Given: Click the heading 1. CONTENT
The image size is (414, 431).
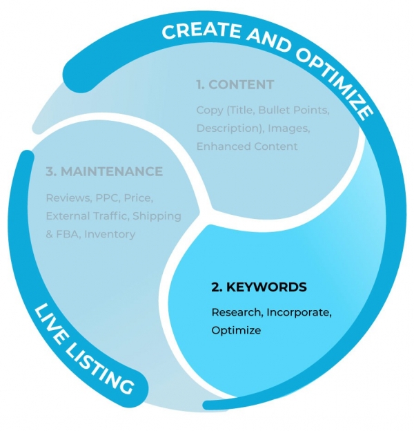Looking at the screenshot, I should (235, 85).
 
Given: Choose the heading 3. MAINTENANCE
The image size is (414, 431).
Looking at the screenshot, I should (104, 171).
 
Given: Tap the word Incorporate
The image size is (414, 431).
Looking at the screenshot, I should (298, 313).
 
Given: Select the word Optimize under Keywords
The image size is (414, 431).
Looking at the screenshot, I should (236, 331).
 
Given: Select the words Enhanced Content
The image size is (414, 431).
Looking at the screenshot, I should (247, 146).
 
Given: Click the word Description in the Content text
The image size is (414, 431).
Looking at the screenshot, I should (226, 128).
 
